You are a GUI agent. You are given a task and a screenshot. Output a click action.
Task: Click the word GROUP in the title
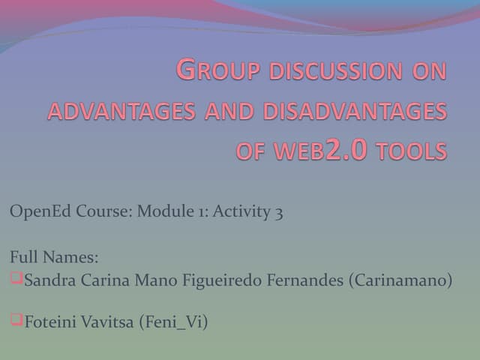(x=214, y=70)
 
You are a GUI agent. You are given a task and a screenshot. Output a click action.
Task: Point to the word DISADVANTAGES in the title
(x=355, y=112)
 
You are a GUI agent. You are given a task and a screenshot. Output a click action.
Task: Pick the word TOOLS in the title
(x=412, y=152)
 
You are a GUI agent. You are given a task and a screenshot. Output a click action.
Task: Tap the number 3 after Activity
(x=279, y=211)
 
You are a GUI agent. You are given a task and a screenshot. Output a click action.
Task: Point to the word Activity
(x=241, y=211)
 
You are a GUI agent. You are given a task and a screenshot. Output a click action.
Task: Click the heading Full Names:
(x=53, y=258)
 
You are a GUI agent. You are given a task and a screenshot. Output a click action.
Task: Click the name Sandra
(x=50, y=281)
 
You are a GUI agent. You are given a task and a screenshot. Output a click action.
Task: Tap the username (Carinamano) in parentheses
(x=400, y=281)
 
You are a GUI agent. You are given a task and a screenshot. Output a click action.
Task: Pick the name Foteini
(x=52, y=322)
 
